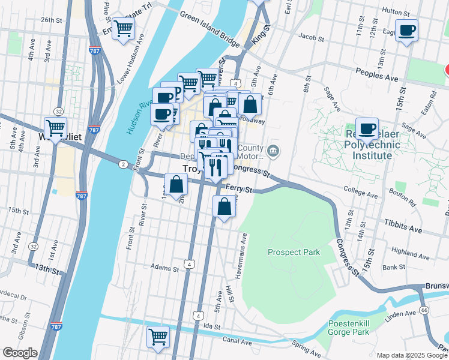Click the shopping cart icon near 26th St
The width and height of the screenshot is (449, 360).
click(x=123, y=28)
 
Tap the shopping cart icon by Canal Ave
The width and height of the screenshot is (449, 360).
click(x=158, y=337)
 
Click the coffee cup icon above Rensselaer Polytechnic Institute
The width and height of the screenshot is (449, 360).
click(x=367, y=128)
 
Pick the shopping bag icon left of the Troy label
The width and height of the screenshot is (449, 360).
click(x=176, y=184)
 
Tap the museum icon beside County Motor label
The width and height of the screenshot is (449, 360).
click(x=274, y=150)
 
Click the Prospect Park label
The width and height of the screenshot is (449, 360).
click(x=294, y=253)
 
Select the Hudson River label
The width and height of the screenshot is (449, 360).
click(x=134, y=114)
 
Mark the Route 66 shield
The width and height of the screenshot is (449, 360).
click(x=424, y=310)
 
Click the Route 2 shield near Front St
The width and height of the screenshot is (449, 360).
click(x=122, y=164)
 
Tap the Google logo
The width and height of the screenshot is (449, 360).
click(x=19, y=353)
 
